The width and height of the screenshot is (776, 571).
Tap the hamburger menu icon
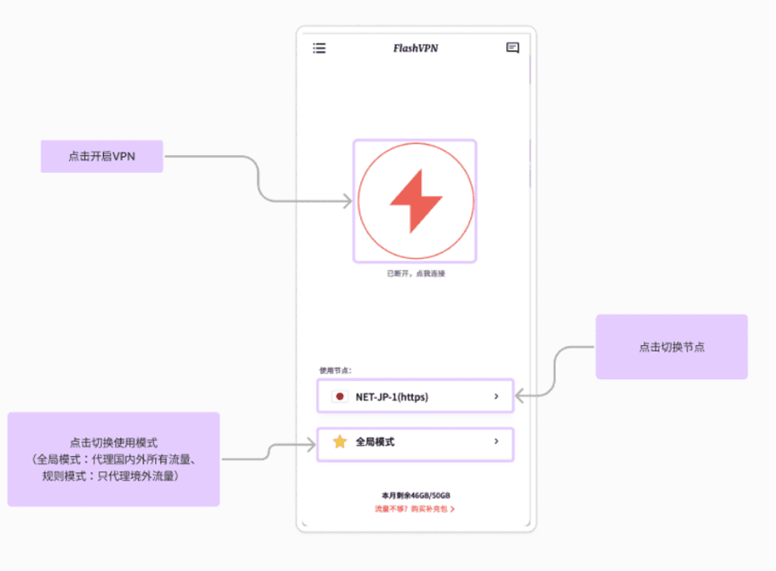pyautogui.click(x=319, y=48)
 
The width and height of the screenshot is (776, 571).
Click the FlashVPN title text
pyautogui.click(x=416, y=48)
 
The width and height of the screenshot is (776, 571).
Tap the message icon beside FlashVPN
pyautogui.click(x=513, y=48)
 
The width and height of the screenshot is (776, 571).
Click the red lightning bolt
pyautogui.click(x=416, y=201)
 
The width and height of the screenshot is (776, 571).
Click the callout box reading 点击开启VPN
pyautogui.click(x=102, y=157)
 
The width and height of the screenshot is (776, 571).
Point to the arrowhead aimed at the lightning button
pyautogui.click(x=348, y=201)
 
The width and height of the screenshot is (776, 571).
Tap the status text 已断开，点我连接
pyautogui.click(x=416, y=273)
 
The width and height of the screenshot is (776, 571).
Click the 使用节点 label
pyautogui.click(x=335, y=370)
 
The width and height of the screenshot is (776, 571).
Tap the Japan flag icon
pyautogui.click(x=340, y=397)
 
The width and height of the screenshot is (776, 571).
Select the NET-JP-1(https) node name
pyautogui.click(x=392, y=397)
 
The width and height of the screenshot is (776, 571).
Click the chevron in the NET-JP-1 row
pyautogui.click(x=496, y=396)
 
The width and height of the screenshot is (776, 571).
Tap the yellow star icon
pyautogui.click(x=340, y=441)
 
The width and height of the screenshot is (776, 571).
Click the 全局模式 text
pyautogui.click(x=375, y=442)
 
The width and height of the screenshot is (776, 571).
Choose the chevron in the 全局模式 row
pyautogui.click(x=496, y=441)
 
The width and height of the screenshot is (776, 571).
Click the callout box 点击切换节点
pyautogui.click(x=671, y=347)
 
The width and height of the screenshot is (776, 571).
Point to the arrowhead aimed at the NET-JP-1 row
pyautogui.click(x=520, y=395)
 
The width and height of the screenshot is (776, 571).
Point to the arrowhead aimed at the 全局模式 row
pyautogui.click(x=311, y=445)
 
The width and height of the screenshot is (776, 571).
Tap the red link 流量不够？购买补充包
pyautogui.click(x=414, y=509)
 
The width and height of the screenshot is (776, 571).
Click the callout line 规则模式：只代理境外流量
pyautogui.click(x=110, y=476)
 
